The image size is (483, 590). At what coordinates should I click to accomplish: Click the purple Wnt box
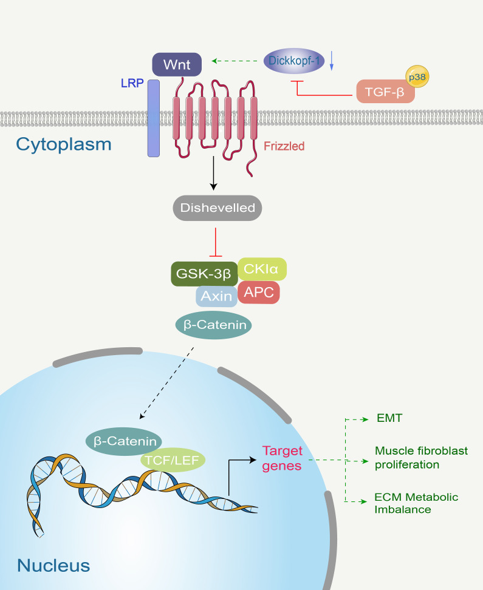tap(177, 64)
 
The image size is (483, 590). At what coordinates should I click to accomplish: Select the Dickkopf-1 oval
tap(294, 60)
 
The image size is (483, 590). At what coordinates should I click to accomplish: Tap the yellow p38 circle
tap(417, 76)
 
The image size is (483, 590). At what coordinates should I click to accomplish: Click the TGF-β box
tap(385, 92)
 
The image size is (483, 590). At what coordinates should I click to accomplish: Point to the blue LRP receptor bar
tap(153, 118)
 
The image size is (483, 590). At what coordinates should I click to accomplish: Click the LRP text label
tap(132, 83)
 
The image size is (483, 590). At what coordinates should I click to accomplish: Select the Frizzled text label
tap(284, 146)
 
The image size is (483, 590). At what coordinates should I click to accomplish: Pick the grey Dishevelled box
tap(218, 208)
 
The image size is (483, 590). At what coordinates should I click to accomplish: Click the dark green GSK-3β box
tap(204, 274)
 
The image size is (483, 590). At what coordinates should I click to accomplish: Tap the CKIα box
tap(262, 269)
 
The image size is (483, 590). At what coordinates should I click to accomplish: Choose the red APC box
tap(258, 293)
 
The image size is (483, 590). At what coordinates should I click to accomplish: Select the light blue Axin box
tap(216, 296)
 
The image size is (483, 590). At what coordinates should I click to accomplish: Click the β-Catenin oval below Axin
tap(214, 325)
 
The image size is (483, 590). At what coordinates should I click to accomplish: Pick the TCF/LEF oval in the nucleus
tap(173, 460)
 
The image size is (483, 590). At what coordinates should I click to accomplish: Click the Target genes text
tap(282, 458)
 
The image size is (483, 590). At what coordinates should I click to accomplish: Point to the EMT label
tap(389, 418)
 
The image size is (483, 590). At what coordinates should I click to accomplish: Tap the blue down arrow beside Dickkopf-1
tap(332, 61)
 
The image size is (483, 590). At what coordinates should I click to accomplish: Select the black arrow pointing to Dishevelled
tap(214, 173)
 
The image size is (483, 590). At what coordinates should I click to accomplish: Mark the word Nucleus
tap(53, 566)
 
